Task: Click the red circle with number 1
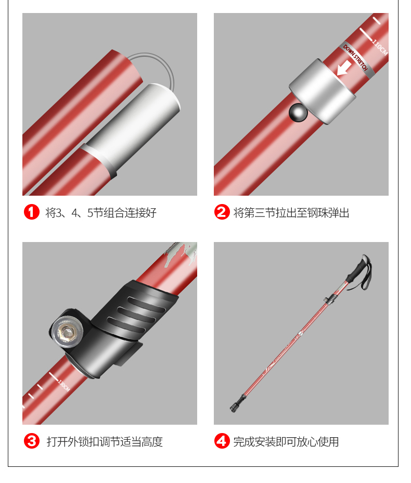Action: (32, 212)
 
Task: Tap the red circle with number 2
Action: (222, 212)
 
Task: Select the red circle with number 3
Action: (32, 441)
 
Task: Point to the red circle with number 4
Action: (222, 441)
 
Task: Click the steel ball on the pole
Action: (298, 113)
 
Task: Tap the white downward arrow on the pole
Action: (344, 68)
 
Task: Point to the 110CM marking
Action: (380, 47)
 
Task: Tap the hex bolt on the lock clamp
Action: (67, 332)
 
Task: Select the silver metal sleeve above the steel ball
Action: (322, 92)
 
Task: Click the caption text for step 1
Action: (101, 213)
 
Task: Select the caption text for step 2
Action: (291, 213)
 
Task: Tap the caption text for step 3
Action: (105, 442)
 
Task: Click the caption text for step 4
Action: (286, 442)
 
